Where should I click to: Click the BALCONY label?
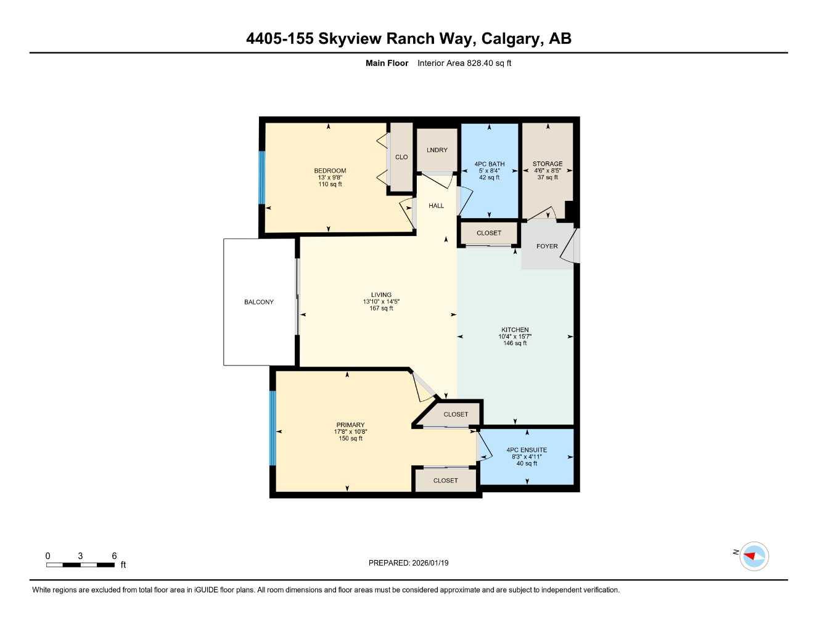coord(259,302)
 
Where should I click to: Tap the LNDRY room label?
coord(437,150)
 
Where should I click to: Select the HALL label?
coord(436,206)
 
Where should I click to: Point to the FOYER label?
coord(547,246)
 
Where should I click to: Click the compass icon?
coord(753,556)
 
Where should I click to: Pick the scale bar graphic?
coord(80,564)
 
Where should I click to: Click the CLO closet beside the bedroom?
coord(401,157)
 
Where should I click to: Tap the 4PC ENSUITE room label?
coord(527,450)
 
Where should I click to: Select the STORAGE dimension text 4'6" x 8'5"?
coord(548,171)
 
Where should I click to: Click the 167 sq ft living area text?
coord(382,308)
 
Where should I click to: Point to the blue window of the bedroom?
coord(261,177)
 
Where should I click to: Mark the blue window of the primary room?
coord(273,428)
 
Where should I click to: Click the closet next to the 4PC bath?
coord(489,233)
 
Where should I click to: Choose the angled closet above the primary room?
coord(456,414)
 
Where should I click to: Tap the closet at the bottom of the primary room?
coord(445,480)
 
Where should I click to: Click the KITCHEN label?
coord(515,330)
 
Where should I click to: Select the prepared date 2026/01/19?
coord(430,563)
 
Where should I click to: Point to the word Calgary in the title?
coord(509,39)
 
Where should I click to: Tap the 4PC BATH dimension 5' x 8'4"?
coord(490,171)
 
